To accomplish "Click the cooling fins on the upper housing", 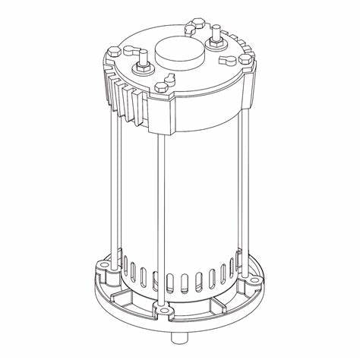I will [x=124, y=95].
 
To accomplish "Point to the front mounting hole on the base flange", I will [x=162, y=311].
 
